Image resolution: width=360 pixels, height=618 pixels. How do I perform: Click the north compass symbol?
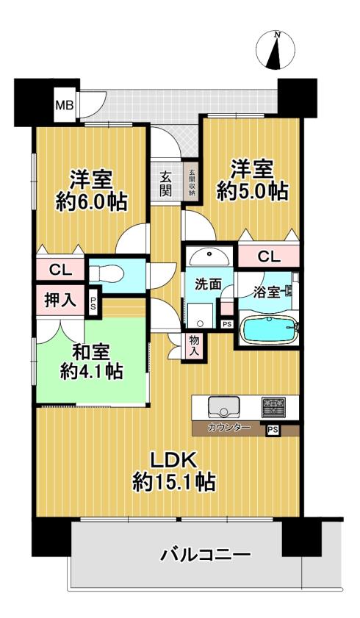(x=276, y=51)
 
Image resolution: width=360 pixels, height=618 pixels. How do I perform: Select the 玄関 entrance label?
(x=166, y=184)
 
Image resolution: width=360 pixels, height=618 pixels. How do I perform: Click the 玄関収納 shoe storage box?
(x=192, y=183)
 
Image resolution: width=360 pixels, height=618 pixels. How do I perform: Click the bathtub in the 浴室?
(x=270, y=329)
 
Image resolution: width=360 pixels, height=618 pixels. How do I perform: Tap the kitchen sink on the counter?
(x=224, y=408)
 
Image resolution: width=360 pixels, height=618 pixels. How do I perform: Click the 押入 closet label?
(x=60, y=301)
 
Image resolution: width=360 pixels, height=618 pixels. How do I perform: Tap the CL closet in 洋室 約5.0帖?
(x=269, y=257)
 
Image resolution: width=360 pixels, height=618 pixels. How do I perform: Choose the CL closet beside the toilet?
(x=60, y=270)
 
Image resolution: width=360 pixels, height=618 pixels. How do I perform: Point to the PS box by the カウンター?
(x=273, y=431)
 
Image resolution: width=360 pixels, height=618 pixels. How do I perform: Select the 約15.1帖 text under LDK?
(x=173, y=482)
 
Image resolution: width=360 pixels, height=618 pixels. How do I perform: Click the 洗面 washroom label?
(x=209, y=284)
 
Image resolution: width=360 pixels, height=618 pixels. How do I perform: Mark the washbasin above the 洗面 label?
(x=209, y=256)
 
